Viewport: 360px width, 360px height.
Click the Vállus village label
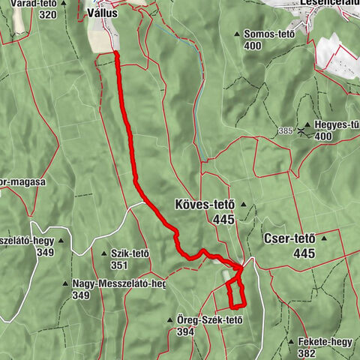[105, 13]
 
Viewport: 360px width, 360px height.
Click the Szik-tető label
[131, 253]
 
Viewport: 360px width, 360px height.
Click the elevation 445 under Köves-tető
[223, 220]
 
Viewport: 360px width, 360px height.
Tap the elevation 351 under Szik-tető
[121, 265]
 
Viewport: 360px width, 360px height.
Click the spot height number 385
[283, 130]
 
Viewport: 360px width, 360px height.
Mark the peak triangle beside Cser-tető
[324, 239]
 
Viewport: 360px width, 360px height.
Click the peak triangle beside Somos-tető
[236, 34]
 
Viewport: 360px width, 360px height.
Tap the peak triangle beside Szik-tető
[103, 253]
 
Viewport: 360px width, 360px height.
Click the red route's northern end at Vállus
[117, 54]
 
